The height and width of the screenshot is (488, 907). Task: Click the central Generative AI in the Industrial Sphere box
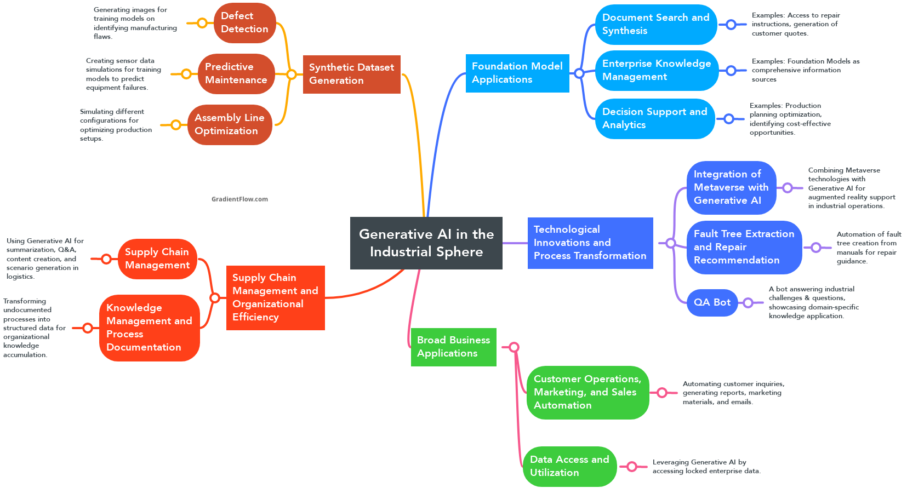click(426, 243)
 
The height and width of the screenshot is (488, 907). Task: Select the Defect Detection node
click(244, 23)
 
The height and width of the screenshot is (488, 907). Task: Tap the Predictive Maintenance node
click(236, 73)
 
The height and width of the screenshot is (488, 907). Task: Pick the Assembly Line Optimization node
click(230, 124)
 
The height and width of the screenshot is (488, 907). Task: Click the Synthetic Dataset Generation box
click(351, 74)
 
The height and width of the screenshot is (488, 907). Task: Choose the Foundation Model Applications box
click(517, 73)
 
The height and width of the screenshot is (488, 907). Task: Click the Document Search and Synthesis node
click(655, 24)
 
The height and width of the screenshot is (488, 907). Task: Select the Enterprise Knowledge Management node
click(656, 70)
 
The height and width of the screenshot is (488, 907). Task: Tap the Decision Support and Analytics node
click(654, 118)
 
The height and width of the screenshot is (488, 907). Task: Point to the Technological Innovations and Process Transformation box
click(590, 243)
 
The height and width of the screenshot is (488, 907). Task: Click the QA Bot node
click(712, 302)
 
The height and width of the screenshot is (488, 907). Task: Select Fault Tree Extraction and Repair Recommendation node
click(744, 247)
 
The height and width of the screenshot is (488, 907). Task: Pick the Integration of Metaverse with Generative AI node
click(731, 187)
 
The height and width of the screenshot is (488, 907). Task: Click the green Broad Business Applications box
click(453, 347)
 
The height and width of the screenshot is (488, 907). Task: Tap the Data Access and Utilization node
click(569, 466)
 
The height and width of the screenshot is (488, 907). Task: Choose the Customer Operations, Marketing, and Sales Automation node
click(587, 392)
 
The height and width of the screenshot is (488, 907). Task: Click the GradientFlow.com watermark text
click(239, 199)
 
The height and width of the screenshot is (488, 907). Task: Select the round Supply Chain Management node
click(157, 259)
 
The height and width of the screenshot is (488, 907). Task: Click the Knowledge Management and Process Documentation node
click(149, 328)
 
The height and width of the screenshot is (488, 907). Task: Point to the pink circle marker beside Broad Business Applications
click(514, 347)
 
